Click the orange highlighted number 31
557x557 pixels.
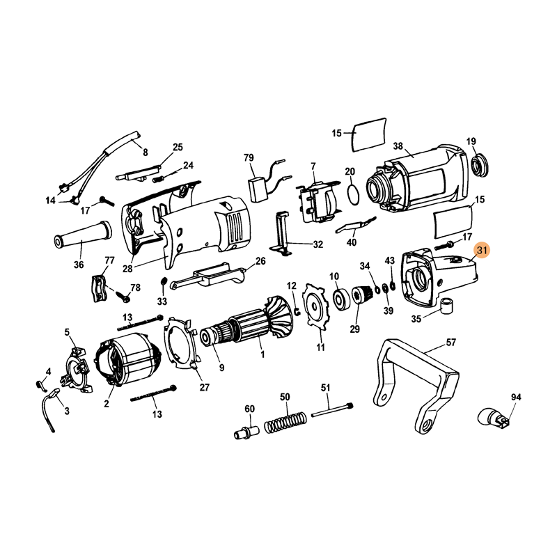click(481, 251)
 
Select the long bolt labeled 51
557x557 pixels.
click(333, 409)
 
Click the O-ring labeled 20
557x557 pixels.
click(353, 195)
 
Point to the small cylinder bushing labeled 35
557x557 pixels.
click(446, 305)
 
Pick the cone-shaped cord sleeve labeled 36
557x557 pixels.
click(81, 235)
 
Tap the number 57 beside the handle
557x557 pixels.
click(450, 343)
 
